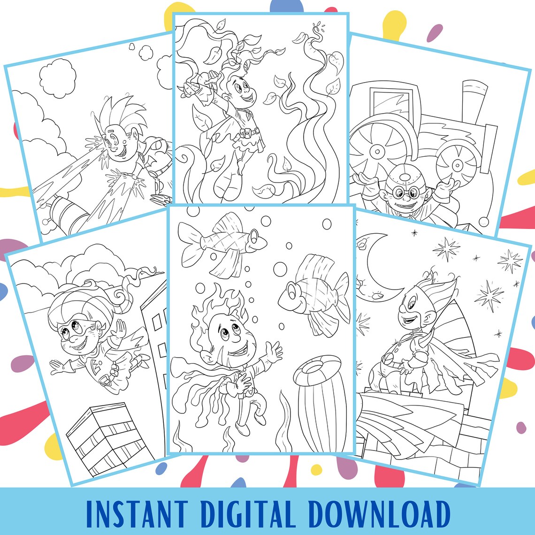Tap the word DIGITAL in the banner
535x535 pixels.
(x=249, y=514)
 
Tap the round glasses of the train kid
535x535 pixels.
(x=405, y=193)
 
